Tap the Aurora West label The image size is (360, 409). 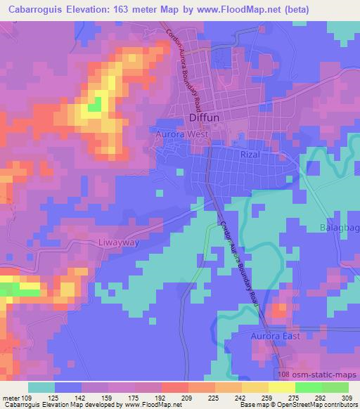pyautogui.click(x=179, y=132)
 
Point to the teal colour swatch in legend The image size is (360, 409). pyautogui.click(x=41, y=387)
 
